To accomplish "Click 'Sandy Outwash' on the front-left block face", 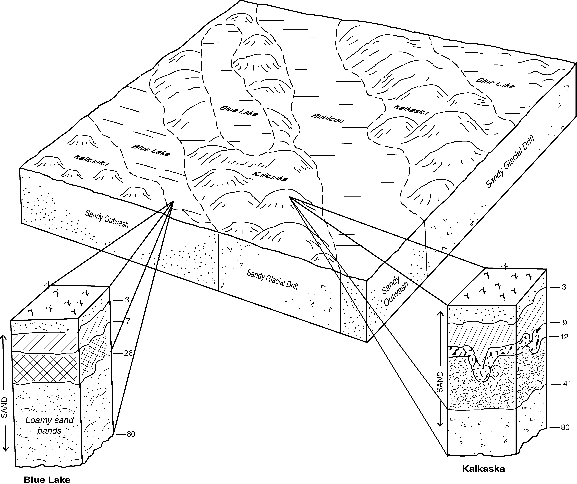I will [x=107, y=219].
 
